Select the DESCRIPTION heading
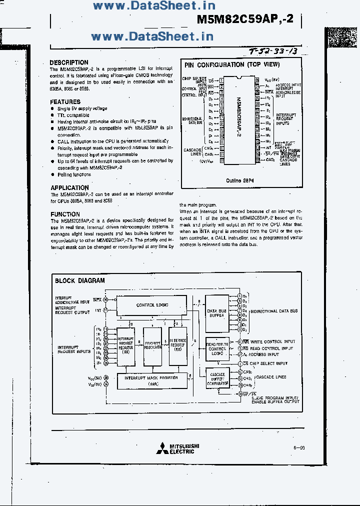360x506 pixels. point(69,62)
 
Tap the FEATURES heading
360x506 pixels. point(65,101)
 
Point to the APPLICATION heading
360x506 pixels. point(69,188)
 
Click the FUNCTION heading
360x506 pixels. point(65,214)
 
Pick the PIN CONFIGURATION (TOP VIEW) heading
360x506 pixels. point(232,64)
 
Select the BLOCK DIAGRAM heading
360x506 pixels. point(79,280)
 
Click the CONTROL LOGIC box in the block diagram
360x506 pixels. point(152,305)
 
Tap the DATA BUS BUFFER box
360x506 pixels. point(216,313)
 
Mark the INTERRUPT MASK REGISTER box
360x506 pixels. point(151,380)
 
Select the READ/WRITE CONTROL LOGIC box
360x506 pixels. point(217,348)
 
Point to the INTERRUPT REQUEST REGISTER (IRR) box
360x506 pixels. point(125,344)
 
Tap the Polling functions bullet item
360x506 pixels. point(74,174)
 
